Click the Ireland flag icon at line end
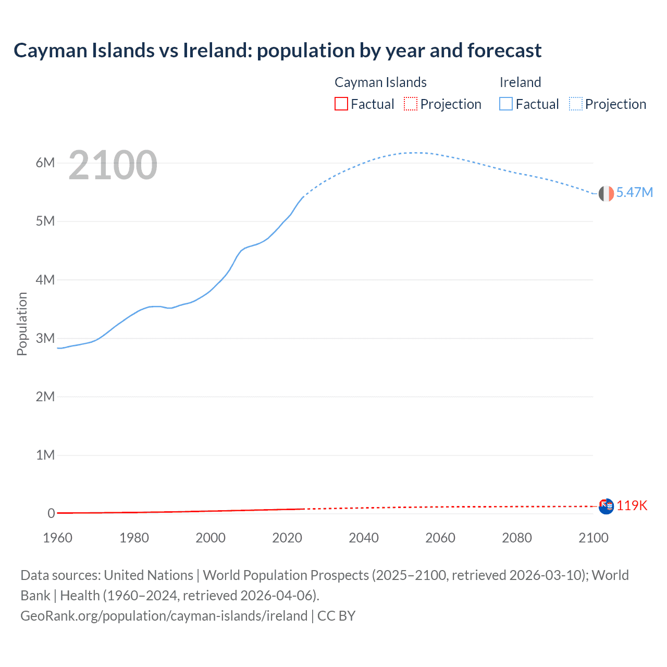pyautogui.click(x=606, y=193)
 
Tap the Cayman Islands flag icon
pyautogui.click(x=606, y=506)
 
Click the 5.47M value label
pyautogui.click(x=634, y=192)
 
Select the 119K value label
pyautogui.click(x=632, y=505)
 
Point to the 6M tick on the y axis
pyautogui.click(x=45, y=163)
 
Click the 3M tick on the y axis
pyautogui.click(x=45, y=338)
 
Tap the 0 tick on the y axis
pyautogui.click(x=51, y=513)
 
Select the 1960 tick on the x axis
pyautogui.click(x=57, y=538)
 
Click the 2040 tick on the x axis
pyautogui.click(x=364, y=538)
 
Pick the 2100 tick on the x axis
pyautogui.click(x=594, y=538)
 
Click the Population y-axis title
pyautogui.click(x=22, y=324)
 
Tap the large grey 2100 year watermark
pyautogui.click(x=113, y=165)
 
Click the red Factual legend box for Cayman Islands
pyautogui.click(x=341, y=104)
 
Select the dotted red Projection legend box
pyautogui.click(x=411, y=104)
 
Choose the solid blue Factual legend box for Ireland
pyautogui.click(x=506, y=104)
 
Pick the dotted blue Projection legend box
pyautogui.click(x=576, y=104)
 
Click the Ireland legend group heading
pyautogui.click(x=520, y=82)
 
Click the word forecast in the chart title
pyautogui.click(x=504, y=51)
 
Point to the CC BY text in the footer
pyautogui.click(x=336, y=616)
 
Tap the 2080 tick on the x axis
pyautogui.click(x=517, y=538)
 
